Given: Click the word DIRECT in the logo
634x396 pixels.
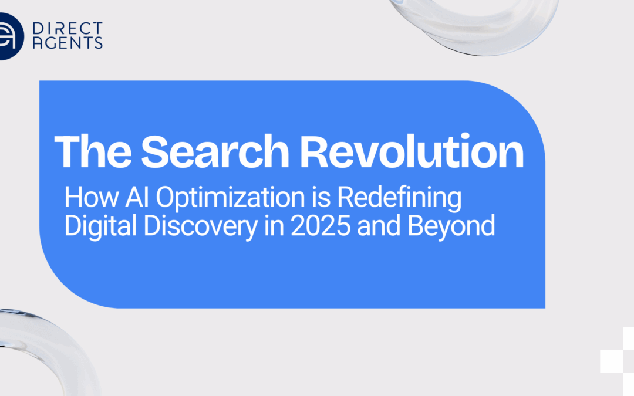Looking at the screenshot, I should click(x=68, y=28).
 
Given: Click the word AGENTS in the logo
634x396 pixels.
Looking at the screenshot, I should click(x=68, y=42).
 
